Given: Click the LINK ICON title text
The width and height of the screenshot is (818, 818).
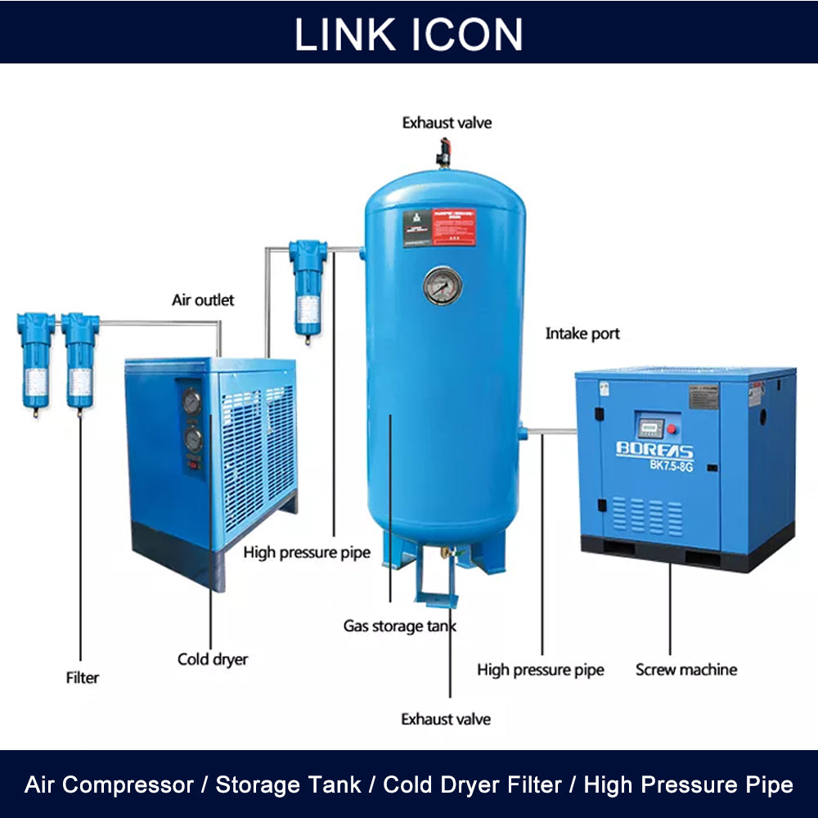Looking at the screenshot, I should pos(408,34).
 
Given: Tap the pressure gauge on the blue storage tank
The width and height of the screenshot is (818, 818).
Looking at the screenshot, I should pos(443,286).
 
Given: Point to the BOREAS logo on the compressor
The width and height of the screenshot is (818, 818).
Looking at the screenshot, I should pos(654,452).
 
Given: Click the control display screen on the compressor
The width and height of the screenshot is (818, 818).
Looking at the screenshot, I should pos(649,428).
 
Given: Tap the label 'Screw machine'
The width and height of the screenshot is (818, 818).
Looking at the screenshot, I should pos(686,670).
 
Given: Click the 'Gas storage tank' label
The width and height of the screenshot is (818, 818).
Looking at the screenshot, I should pos(399,627).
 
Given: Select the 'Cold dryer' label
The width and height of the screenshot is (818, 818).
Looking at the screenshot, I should pos(213,659).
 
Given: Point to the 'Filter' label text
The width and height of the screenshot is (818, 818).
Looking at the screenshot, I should pos(82,677).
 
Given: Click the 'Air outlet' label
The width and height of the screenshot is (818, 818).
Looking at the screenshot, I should pos(203,300).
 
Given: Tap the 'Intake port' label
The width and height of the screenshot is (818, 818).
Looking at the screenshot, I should pos(582,334).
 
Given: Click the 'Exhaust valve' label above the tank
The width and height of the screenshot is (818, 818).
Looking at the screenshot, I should pos(447,124).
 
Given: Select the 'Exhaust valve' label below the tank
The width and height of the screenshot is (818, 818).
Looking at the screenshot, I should pos(446,719).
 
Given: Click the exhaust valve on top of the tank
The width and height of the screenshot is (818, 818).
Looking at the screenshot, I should pos(443,152).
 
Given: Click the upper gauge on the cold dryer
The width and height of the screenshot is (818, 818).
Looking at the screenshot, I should pos(191,402).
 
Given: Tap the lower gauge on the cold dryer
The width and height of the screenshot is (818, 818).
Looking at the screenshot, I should pos(193,440).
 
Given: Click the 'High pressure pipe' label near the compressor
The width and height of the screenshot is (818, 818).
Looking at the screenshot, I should pos(541,670).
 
